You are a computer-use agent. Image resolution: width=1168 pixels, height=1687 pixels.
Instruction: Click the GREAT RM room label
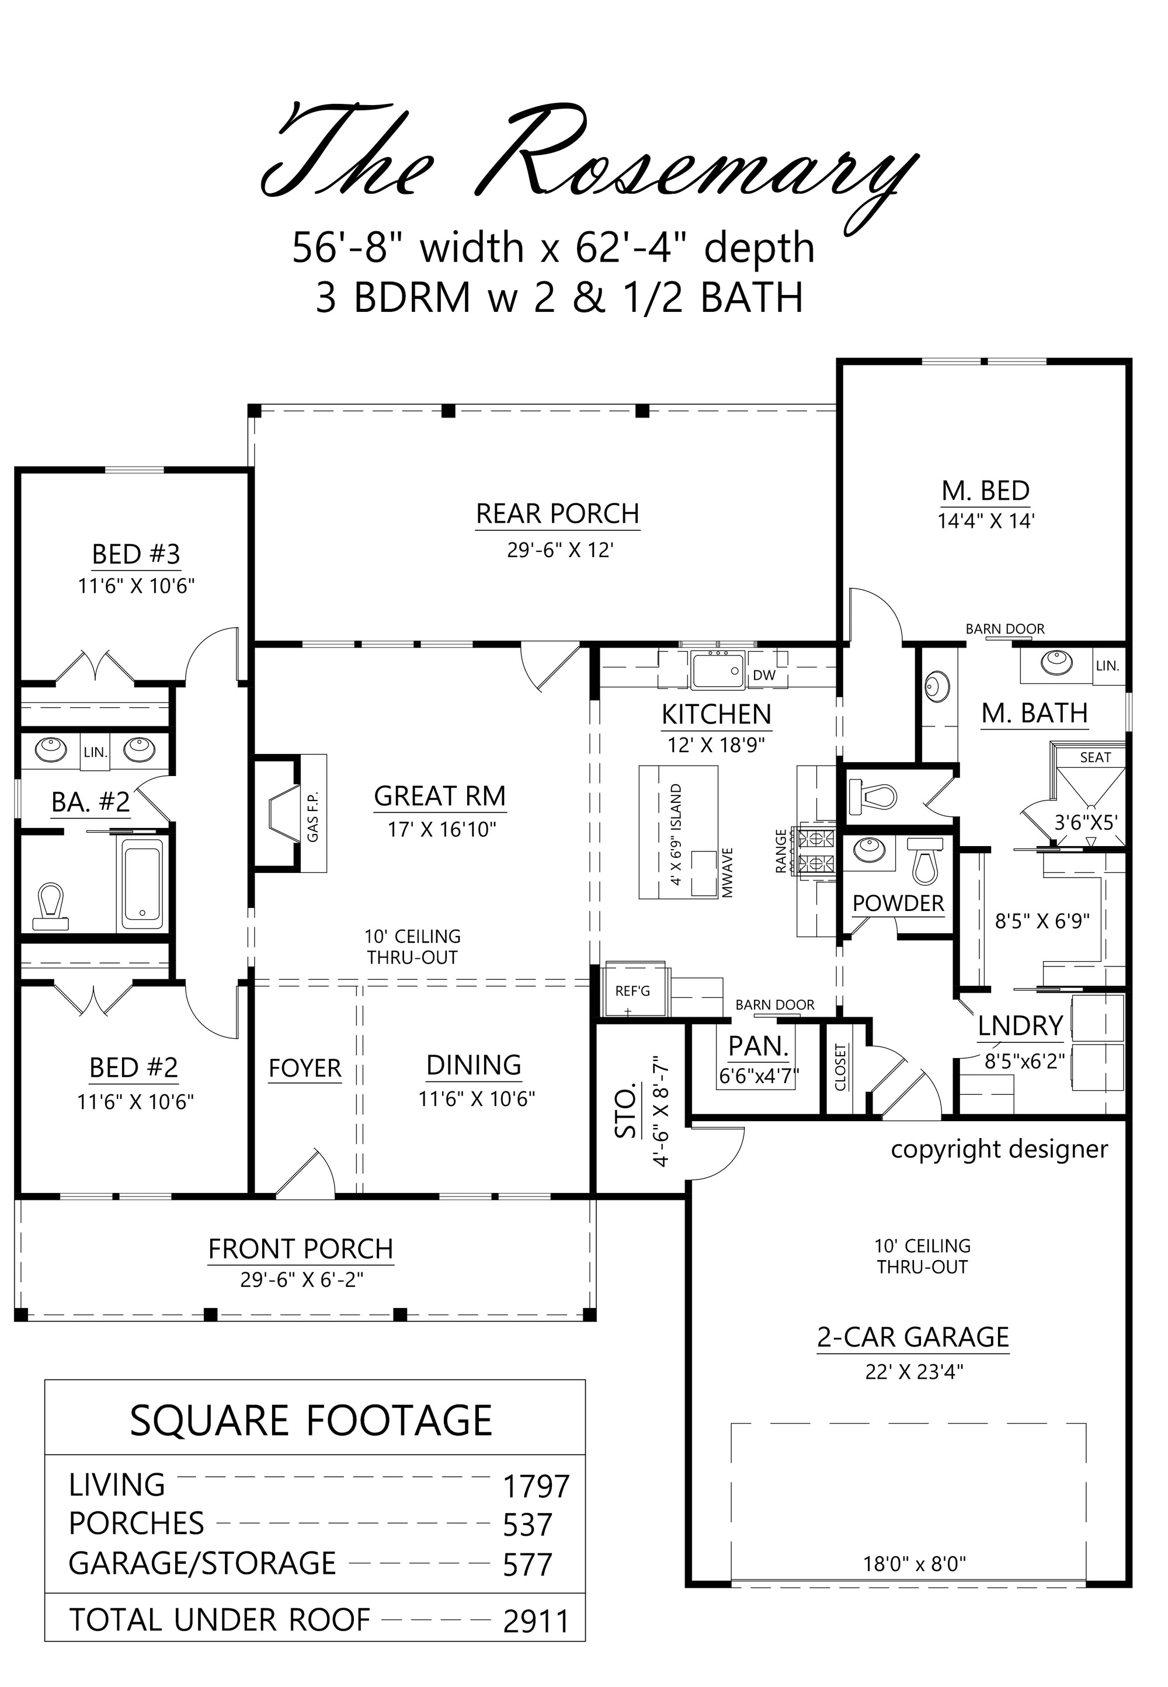[x=440, y=796]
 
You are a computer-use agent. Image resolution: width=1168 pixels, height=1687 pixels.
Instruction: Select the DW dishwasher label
[x=764, y=675]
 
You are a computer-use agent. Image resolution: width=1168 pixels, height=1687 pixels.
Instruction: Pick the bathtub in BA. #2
[x=142, y=885]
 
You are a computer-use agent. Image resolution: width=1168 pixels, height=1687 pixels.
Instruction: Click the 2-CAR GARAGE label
[x=913, y=1337]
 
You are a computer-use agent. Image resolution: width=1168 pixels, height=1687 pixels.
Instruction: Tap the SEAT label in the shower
[x=1095, y=758]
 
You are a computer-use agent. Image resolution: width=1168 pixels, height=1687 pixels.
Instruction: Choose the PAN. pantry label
[x=759, y=1047]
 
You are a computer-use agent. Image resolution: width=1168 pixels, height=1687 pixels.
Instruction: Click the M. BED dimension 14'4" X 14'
[x=986, y=521]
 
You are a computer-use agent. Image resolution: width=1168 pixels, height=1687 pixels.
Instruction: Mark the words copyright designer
[x=999, y=1149]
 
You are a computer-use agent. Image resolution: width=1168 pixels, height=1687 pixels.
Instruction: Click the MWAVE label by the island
[x=728, y=873]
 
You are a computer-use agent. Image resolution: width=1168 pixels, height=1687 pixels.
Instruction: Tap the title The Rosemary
[x=590, y=162]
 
